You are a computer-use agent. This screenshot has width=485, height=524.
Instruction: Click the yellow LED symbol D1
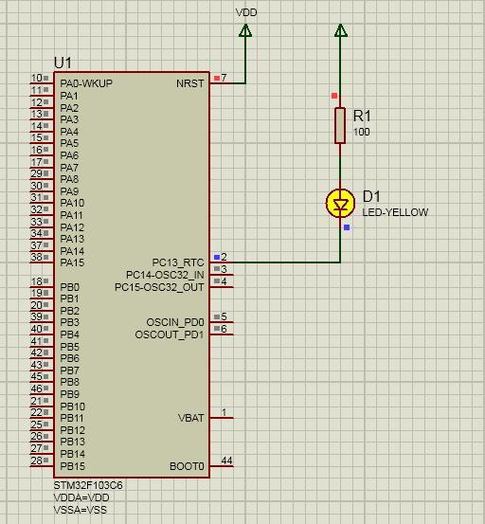(x=340, y=203)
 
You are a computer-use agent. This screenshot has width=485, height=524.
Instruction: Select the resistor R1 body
(x=340, y=126)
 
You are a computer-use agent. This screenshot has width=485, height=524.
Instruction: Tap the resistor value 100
(x=362, y=132)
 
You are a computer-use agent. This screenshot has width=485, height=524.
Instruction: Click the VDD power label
(x=246, y=12)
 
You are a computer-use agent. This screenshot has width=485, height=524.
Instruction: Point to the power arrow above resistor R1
(x=340, y=30)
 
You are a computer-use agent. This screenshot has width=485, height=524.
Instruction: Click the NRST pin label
(x=190, y=83)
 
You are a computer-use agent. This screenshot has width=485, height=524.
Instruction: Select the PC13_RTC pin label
(x=178, y=262)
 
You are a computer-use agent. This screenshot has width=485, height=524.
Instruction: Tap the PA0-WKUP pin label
(x=86, y=83)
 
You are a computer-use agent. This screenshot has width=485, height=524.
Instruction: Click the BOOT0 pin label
(x=187, y=466)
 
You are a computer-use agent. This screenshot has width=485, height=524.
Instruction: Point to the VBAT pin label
(x=190, y=418)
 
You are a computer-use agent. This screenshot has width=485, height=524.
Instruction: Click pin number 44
(x=226, y=461)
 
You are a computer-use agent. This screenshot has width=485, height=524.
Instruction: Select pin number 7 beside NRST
(x=224, y=78)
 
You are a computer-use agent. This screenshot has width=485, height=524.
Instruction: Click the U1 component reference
(x=63, y=63)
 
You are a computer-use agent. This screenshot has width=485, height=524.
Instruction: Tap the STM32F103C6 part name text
(x=88, y=485)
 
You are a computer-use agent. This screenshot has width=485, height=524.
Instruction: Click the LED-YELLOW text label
(x=395, y=212)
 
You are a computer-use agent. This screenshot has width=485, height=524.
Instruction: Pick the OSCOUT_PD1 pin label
(x=170, y=334)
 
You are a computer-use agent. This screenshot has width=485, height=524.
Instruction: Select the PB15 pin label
(x=73, y=466)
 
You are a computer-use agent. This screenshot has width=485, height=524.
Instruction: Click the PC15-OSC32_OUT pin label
(x=159, y=287)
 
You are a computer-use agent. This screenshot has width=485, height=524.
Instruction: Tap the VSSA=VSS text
(x=81, y=510)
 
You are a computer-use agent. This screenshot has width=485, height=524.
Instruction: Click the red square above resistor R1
(x=334, y=96)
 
